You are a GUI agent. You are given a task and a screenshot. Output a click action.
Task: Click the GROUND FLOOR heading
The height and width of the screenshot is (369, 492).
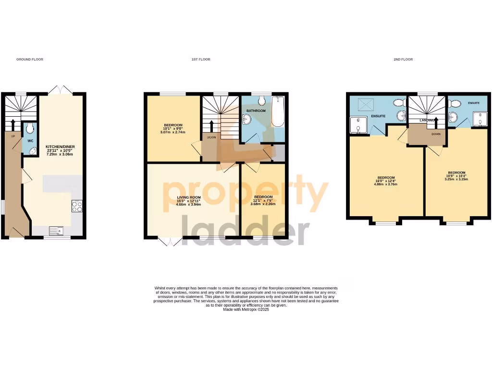click(30, 60)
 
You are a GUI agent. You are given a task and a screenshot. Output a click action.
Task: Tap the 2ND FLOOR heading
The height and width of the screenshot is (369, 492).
click(403, 60)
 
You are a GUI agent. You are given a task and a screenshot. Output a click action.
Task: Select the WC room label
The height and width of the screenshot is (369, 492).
click(30, 141)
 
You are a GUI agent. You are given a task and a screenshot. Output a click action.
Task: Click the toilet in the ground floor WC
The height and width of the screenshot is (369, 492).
click(30, 128)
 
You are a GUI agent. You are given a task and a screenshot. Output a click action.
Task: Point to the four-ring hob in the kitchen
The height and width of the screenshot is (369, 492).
click(77, 206)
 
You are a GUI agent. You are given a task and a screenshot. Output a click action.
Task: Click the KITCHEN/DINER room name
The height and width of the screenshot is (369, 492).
click(60, 147)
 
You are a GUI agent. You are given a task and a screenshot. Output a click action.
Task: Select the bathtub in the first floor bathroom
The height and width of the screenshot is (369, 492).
click(278, 111)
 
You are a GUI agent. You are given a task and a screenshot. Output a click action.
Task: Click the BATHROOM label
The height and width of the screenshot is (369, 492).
click(256, 111)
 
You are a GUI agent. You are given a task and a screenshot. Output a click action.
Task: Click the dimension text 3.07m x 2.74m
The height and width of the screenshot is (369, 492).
click(173, 132)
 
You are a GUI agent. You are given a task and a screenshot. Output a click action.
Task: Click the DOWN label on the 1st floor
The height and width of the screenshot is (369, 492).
click(211, 137)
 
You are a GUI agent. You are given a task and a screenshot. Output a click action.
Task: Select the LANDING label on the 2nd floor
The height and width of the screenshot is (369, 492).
click(427, 120)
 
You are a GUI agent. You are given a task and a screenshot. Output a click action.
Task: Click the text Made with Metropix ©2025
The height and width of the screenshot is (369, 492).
click(246, 310)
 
